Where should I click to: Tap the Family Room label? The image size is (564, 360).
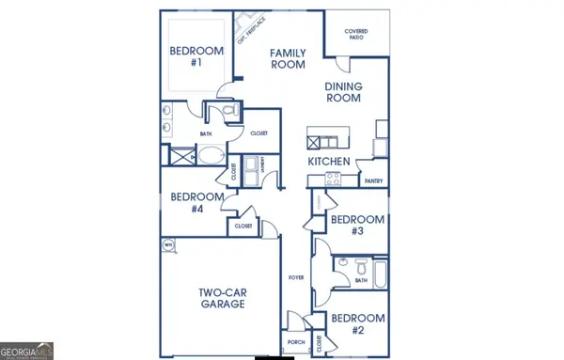(x=290, y=59)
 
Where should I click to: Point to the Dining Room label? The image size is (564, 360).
(x=343, y=93)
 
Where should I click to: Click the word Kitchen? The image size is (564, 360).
(x=329, y=162)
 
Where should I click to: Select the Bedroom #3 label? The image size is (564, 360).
(x=356, y=226)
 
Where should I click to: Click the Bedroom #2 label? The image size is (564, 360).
(x=356, y=324)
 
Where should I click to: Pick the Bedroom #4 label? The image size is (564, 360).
(x=196, y=202)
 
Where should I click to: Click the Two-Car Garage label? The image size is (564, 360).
(x=222, y=298)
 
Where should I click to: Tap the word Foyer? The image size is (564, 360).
(x=293, y=278)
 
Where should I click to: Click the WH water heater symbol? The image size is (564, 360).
(x=169, y=246)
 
